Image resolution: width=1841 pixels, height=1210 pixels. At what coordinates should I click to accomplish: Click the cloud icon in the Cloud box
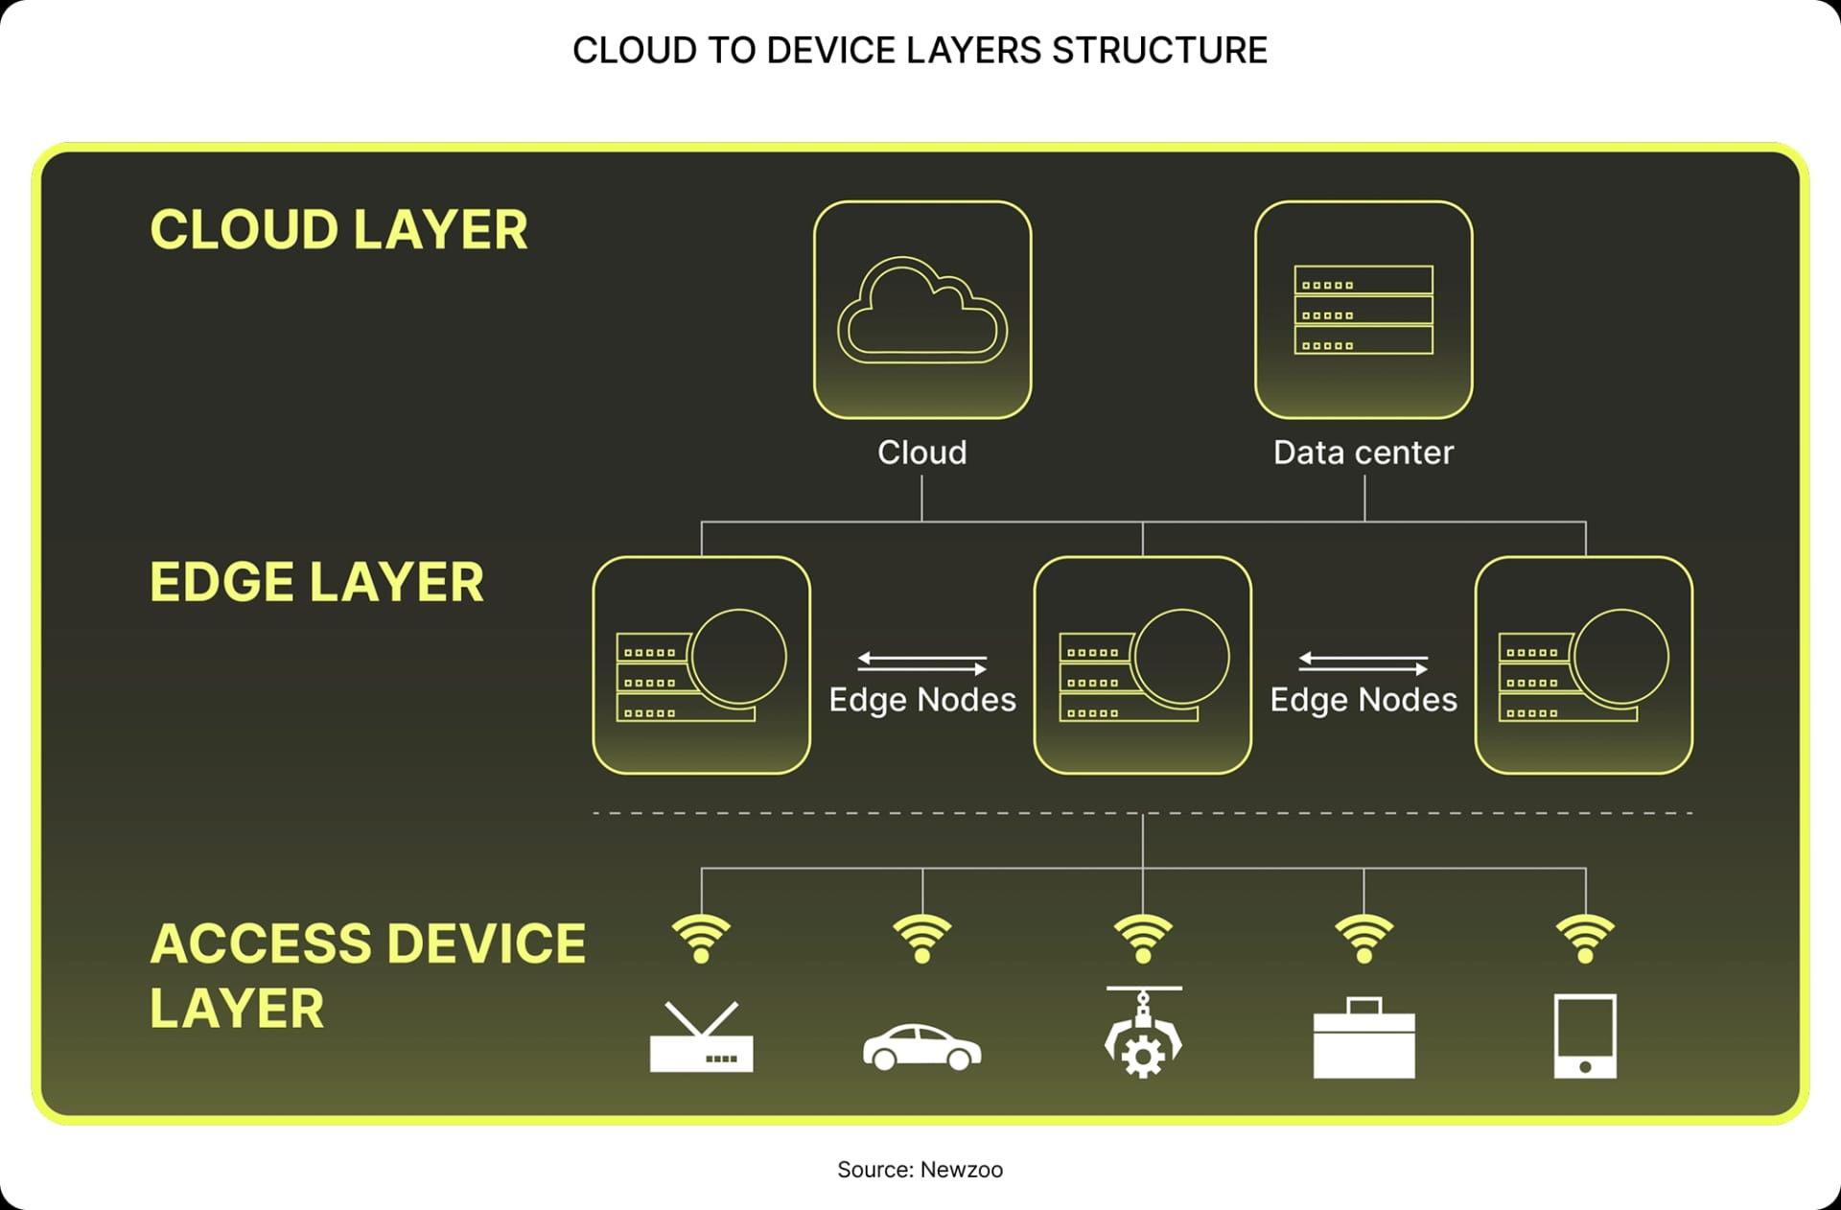point(922,311)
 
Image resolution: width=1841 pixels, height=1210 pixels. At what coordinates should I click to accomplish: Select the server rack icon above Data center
point(1363,310)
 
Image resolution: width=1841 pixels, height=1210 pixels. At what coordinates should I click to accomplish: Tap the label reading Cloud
point(922,453)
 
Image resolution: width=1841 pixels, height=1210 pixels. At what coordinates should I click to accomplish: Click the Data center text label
point(1363,453)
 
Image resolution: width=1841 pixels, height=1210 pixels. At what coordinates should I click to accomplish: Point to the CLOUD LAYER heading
point(338,230)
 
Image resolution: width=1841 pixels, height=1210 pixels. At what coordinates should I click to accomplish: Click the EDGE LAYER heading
point(316,583)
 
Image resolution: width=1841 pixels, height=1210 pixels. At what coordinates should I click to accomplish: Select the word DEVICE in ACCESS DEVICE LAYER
point(487,943)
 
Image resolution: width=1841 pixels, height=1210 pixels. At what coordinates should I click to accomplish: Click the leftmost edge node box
point(702,665)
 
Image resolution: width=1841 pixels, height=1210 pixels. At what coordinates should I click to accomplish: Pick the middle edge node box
point(1143,665)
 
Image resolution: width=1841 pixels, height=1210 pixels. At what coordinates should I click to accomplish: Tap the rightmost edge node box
point(1584,665)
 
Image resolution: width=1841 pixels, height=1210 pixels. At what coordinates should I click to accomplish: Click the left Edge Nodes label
point(922,700)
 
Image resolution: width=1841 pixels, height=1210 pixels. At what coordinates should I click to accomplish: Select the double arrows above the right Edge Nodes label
point(1363,663)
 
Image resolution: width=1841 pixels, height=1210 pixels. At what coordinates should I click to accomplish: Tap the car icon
point(922,1047)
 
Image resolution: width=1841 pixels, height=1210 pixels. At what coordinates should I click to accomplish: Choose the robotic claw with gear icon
point(1143,1034)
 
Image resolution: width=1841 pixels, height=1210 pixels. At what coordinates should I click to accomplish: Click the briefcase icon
point(1363,1039)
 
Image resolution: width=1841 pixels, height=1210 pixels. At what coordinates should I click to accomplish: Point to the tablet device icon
point(1585,1036)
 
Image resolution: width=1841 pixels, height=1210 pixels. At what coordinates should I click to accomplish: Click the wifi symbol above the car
point(922,938)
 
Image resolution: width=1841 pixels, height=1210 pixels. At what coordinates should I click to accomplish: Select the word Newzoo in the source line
point(961,1170)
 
